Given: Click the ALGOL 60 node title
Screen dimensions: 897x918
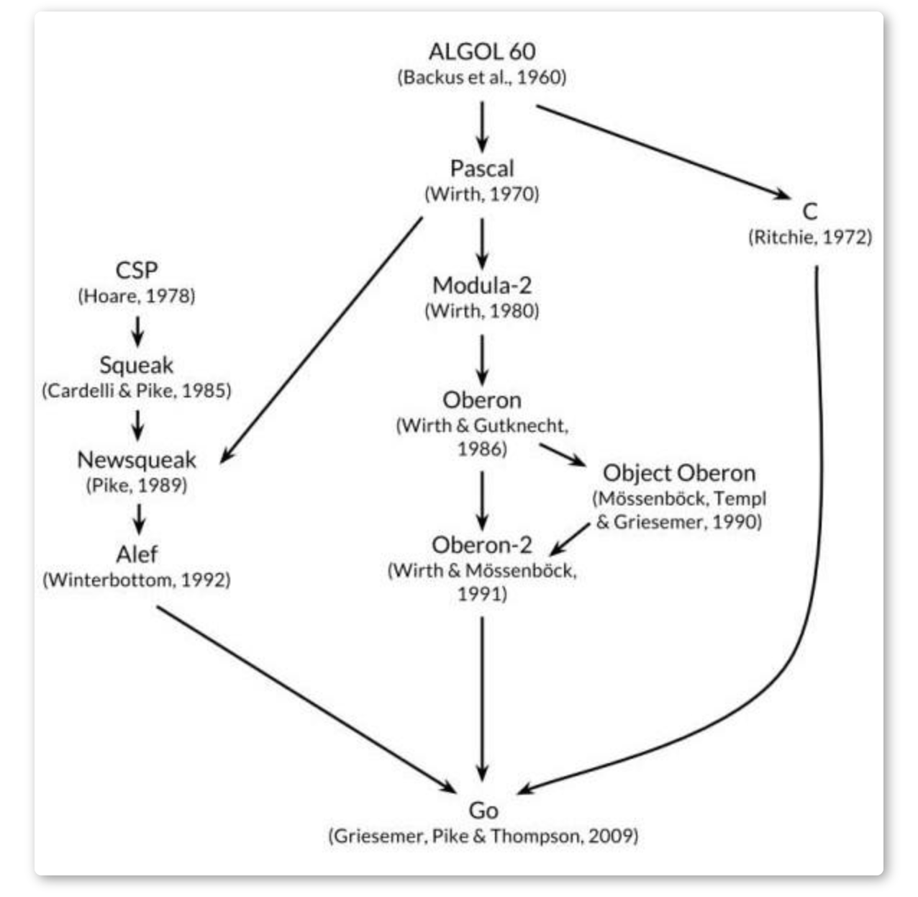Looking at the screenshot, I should click(x=481, y=52).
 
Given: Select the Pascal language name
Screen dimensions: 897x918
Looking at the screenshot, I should click(x=481, y=168).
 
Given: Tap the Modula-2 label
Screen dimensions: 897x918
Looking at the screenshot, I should click(x=481, y=285).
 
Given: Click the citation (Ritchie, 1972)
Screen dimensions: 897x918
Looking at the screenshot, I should click(x=809, y=237).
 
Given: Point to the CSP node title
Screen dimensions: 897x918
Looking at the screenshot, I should click(x=136, y=270).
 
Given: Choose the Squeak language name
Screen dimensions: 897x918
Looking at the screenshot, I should click(x=136, y=365).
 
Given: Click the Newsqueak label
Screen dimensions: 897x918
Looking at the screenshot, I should click(x=136, y=459).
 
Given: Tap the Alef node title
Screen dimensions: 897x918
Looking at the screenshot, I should click(x=136, y=554).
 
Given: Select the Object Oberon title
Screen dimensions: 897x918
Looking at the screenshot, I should click(x=678, y=473).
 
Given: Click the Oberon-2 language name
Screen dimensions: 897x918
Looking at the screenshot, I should click(x=481, y=545).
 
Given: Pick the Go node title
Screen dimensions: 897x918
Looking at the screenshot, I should click(x=483, y=811).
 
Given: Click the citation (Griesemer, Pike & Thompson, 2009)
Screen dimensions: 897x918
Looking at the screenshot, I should click(x=483, y=836).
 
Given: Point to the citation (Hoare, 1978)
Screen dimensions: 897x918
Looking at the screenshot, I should click(x=136, y=296).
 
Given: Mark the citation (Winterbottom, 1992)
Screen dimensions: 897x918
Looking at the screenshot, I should click(x=136, y=580).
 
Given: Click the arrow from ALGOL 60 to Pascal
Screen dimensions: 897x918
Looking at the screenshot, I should click(x=481, y=125).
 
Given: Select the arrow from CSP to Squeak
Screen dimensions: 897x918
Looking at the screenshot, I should click(x=137, y=330).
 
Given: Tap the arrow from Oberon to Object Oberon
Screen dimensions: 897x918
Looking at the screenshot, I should click(x=563, y=455).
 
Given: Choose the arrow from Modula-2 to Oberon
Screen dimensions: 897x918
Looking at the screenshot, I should click(x=481, y=359).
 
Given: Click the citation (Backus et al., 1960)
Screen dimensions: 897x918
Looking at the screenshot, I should click(x=481, y=77).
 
